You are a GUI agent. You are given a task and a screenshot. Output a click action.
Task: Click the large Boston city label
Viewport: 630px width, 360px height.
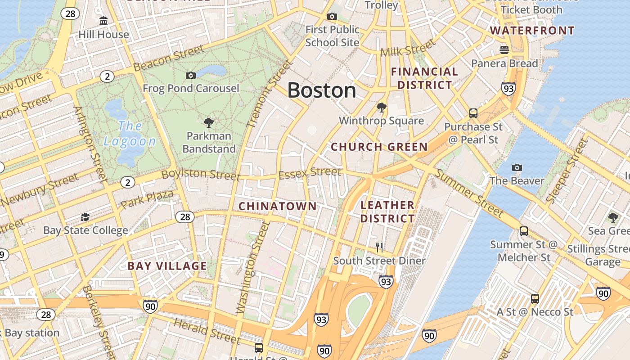pyautogui.click(x=321, y=90)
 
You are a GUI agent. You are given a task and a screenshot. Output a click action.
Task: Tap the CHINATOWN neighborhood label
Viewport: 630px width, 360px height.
pyautogui.click(x=277, y=206)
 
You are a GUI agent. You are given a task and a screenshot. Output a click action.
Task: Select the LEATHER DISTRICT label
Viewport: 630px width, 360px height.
pyautogui.click(x=387, y=212)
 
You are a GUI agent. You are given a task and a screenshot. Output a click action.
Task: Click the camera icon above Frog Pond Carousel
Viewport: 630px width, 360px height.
pyautogui.click(x=191, y=75)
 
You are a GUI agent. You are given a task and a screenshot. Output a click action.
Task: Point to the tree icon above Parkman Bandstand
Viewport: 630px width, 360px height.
pyautogui.click(x=208, y=122)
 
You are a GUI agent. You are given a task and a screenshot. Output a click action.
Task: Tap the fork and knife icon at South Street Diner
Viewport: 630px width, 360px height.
pyautogui.click(x=379, y=247)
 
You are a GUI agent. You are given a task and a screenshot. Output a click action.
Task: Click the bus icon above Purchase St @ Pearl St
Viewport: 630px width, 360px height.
pyautogui.click(x=473, y=113)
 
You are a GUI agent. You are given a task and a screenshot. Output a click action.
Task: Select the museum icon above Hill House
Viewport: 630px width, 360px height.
pyautogui.click(x=103, y=21)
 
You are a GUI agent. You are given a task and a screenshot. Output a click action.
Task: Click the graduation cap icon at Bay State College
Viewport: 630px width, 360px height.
pyautogui.click(x=85, y=217)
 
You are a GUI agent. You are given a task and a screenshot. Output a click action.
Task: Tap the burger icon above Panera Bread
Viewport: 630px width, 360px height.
pyautogui.click(x=504, y=49)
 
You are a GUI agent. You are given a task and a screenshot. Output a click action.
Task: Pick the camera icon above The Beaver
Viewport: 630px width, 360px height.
pyautogui.click(x=517, y=167)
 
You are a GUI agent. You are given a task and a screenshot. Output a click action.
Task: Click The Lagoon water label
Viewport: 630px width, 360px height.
pyautogui.click(x=130, y=134)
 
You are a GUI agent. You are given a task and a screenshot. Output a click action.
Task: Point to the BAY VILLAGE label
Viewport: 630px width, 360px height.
pyautogui.click(x=167, y=265)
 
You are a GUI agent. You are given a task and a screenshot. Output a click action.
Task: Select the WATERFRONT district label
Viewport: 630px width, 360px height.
pyautogui.click(x=532, y=31)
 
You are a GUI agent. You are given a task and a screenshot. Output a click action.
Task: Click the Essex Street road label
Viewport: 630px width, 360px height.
pyautogui.click(x=310, y=173)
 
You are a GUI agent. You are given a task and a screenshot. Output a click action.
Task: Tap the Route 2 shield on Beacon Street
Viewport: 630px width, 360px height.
pyautogui.click(x=107, y=76)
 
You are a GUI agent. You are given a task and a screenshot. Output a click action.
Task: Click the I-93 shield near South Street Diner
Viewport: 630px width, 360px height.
pyautogui.click(x=386, y=282)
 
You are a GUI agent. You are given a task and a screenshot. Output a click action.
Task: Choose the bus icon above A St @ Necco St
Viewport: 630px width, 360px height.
pyautogui.click(x=535, y=298)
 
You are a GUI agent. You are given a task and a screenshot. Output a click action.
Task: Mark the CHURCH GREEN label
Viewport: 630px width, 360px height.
pyautogui.click(x=379, y=147)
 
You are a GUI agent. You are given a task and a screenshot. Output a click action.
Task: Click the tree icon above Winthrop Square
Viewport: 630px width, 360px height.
pyautogui.click(x=381, y=107)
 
